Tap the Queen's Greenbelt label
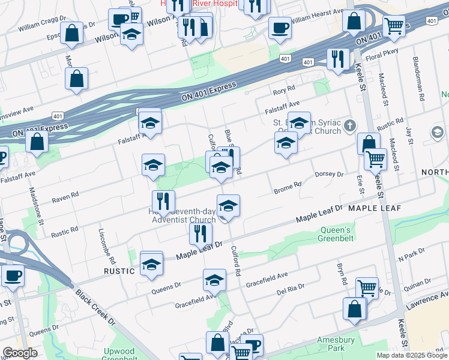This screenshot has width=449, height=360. coord(335,234)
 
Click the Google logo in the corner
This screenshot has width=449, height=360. coord(19,353)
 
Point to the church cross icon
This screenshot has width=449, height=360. coord(351,125)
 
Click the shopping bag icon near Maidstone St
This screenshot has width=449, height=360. coord(37,142)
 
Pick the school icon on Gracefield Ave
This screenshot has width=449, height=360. coord(214,280)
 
